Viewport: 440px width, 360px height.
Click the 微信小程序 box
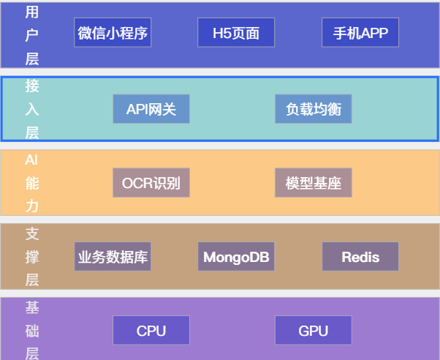(x=113, y=33)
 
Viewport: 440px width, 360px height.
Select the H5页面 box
(x=236, y=33)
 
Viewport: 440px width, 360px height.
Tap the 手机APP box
(x=360, y=33)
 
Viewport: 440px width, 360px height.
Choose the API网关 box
(x=151, y=109)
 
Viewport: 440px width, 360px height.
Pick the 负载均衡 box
(x=314, y=109)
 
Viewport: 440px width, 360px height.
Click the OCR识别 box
(x=151, y=183)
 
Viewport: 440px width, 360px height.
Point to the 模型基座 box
(x=314, y=183)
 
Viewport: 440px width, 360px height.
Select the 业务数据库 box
(x=113, y=257)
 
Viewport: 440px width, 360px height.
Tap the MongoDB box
(x=236, y=257)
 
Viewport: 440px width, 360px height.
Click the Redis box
(x=360, y=257)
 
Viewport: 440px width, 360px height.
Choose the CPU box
(x=151, y=331)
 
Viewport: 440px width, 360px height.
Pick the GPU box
(x=314, y=331)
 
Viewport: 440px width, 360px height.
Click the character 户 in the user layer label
(x=32, y=35)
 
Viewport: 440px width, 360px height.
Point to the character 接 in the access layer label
(x=32, y=86)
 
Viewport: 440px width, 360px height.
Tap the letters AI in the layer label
(x=31, y=160)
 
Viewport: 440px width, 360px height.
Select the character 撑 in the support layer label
(x=32, y=257)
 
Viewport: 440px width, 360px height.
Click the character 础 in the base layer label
(x=32, y=331)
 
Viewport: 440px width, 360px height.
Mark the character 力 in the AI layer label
(x=32, y=207)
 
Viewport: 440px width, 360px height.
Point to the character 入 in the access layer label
(x=32, y=109)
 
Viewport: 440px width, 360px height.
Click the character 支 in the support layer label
(x=32, y=233)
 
